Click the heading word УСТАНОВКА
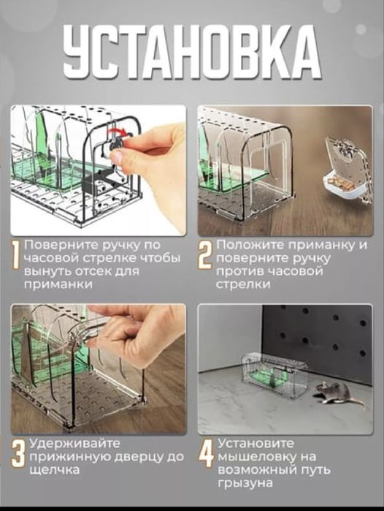click(191, 53)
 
